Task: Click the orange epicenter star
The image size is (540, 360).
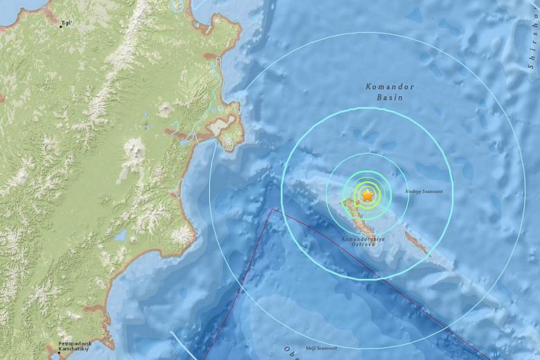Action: tap(367, 196)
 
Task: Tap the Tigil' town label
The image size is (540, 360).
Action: tap(66, 23)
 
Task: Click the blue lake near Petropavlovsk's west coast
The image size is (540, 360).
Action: tap(120, 235)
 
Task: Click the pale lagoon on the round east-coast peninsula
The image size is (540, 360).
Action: tap(222, 126)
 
